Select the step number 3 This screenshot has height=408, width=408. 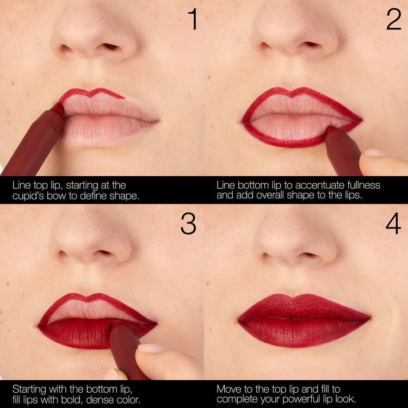click(x=188, y=224)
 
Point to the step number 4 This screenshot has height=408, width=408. click(x=393, y=224)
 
